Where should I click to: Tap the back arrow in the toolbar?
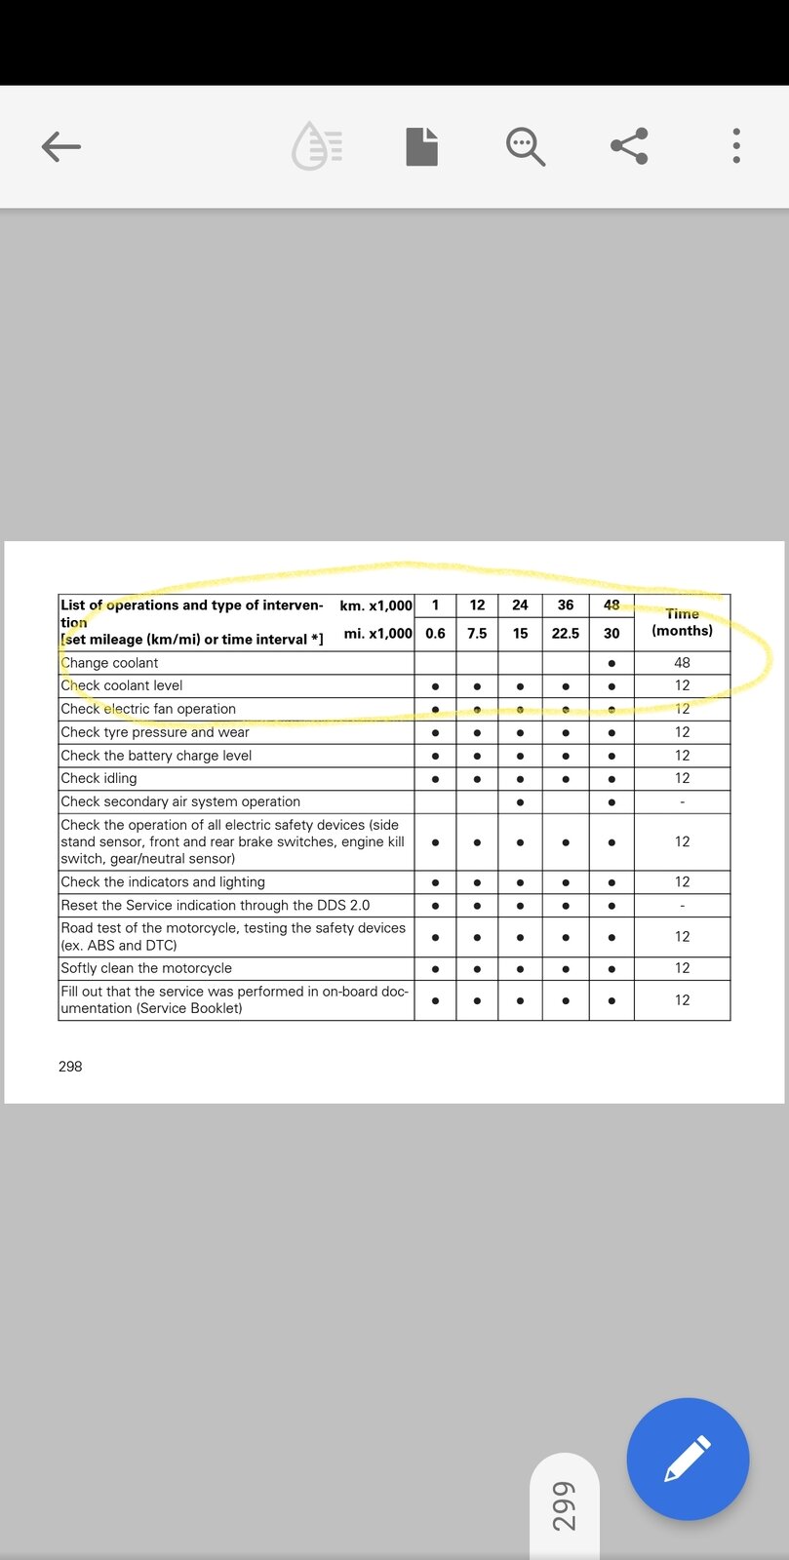pyautogui.click(x=60, y=147)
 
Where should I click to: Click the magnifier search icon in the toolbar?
pyautogui.click(x=525, y=147)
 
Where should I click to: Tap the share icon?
pyautogui.click(x=629, y=146)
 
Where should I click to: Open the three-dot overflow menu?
pyautogui.click(x=736, y=146)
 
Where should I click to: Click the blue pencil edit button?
pyautogui.click(x=688, y=1459)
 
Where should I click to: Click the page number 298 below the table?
pyautogui.click(x=70, y=1067)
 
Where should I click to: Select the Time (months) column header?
pyautogui.click(x=682, y=622)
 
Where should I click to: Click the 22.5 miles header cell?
pyautogui.click(x=566, y=634)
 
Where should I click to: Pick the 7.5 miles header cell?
pyautogui.click(x=477, y=634)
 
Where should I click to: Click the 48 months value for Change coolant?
pyautogui.click(x=682, y=663)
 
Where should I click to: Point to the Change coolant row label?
pyautogui.click(x=109, y=663)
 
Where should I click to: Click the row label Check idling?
pyautogui.click(x=99, y=778)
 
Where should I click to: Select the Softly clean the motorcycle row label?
pyautogui.click(x=146, y=968)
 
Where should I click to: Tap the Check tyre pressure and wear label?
pyautogui.click(x=155, y=732)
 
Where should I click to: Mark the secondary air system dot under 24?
pyautogui.click(x=520, y=802)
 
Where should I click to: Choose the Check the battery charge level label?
pyautogui.click(x=156, y=756)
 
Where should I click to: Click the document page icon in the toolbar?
pyautogui.click(x=421, y=147)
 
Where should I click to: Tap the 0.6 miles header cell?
pyautogui.click(x=435, y=634)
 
